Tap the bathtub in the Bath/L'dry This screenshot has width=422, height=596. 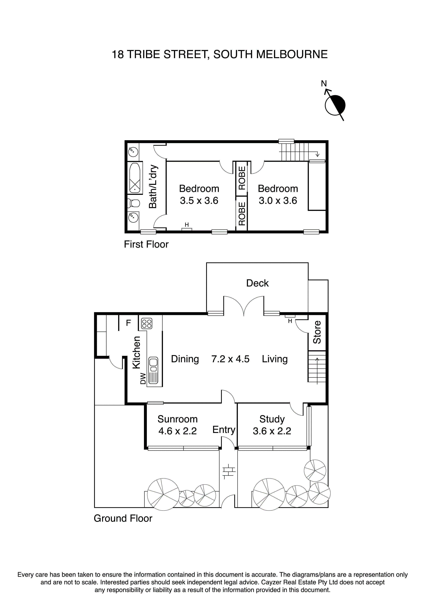pos(135,178)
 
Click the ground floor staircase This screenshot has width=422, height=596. pos(317,367)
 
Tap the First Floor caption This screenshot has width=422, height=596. pos(146,244)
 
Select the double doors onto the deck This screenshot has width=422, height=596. pos(244,306)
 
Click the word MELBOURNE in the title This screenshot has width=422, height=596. pos(292,55)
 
